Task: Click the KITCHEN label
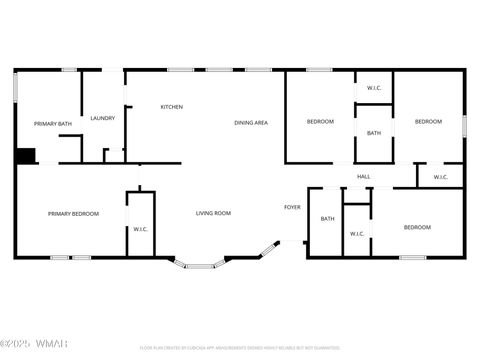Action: (172, 106)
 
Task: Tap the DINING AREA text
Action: (251, 122)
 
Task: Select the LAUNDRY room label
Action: (103, 118)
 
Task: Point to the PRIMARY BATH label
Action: (53, 123)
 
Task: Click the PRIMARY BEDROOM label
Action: (73, 213)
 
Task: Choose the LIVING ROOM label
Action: (213, 213)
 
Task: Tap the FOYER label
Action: (292, 207)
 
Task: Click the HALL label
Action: (364, 177)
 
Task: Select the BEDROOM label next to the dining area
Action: (320, 121)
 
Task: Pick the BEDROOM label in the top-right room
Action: (428, 121)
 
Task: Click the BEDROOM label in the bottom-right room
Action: (417, 227)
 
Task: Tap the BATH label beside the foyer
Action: (327, 219)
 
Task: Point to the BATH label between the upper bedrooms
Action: (373, 133)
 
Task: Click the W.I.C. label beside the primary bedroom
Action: (141, 229)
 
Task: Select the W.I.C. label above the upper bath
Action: (373, 88)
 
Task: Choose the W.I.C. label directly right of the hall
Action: (441, 177)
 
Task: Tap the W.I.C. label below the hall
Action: (357, 234)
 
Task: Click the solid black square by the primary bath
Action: (25, 155)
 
